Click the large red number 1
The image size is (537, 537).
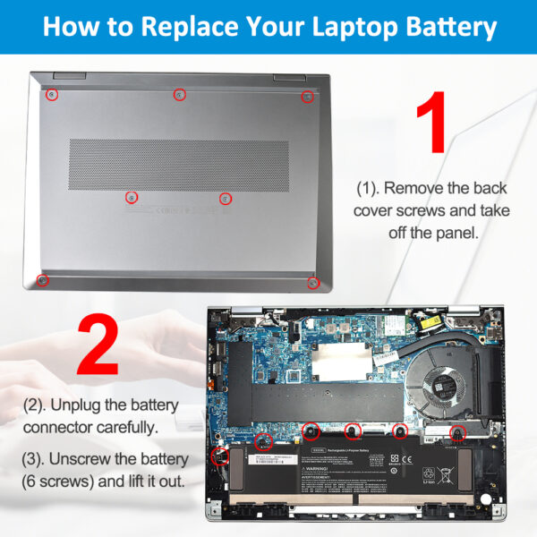tap(433, 125)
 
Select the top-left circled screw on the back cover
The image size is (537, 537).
tap(53, 94)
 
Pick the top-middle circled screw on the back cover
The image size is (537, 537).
tap(179, 94)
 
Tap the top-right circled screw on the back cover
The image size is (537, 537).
tap(307, 96)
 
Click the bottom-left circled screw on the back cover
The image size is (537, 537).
tap(42, 280)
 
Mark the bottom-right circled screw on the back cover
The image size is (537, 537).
tap(313, 283)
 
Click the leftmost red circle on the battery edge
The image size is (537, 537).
tap(217, 456)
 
